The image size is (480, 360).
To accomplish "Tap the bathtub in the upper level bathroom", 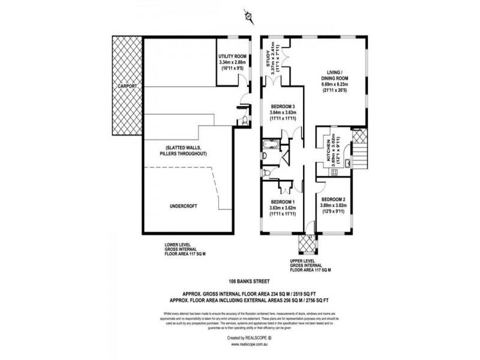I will click(268, 146).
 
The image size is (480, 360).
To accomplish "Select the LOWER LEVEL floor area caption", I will click(185, 250).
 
